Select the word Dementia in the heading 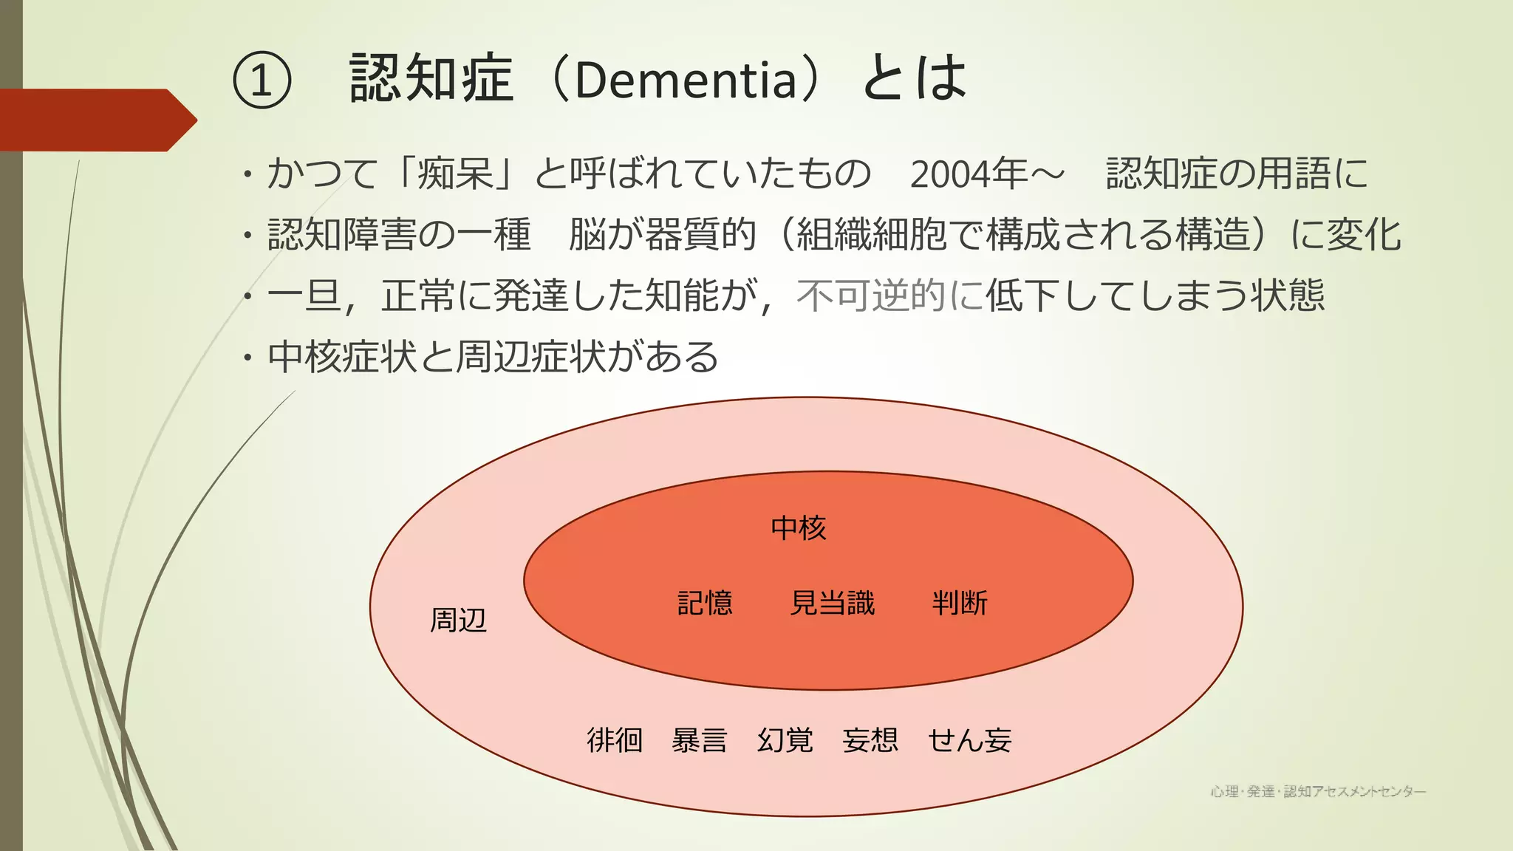pos(685,80)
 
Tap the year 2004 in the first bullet pos(950,174)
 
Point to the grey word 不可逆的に pos(889,295)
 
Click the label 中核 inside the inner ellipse pos(798,527)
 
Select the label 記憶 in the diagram pos(705,603)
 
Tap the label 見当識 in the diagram pos(832,603)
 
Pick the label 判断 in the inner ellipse pos(960,603)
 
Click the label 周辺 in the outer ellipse pos(458,620)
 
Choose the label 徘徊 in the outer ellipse pos(615,739)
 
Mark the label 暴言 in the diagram pos(700,739)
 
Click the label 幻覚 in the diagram pos(785,739)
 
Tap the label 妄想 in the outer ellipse pos(870,739)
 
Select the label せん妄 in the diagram pos(969,739)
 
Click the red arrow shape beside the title pos(96,120)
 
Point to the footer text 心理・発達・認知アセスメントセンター pos(1318,792)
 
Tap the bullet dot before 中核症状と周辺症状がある pos(248,358)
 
